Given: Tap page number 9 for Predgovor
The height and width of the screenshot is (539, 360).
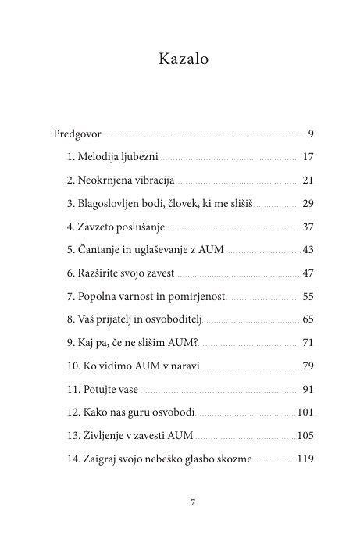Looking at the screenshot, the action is tap(311, 133).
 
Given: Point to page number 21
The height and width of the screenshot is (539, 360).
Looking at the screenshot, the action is tap(308, 180).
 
